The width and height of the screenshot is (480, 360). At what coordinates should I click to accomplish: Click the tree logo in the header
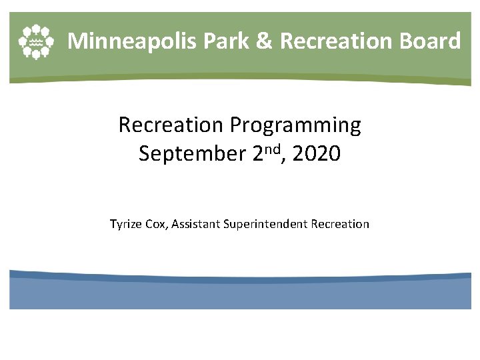[x=35, y=41]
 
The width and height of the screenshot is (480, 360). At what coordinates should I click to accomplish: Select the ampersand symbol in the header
[x=265, y=41]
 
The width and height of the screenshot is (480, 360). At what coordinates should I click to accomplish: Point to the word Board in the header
[x=429, y=41]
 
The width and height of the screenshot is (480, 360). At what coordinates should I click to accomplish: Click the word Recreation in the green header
[x=337, y=41]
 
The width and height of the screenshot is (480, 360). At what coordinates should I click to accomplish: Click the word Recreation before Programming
[x=171, y=125]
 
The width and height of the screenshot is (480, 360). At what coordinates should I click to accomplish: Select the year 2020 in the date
[x=316, y=155]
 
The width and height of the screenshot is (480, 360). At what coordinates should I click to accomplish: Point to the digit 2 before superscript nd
[x=259, y=155]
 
